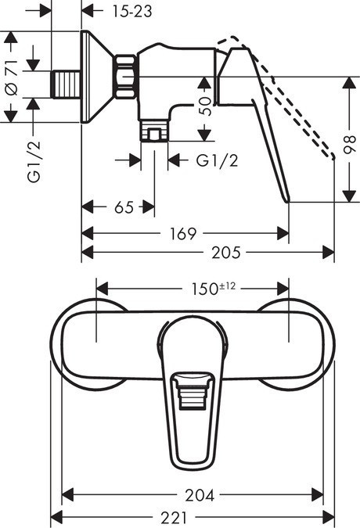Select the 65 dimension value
(124, 207)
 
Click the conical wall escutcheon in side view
(98, 75)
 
